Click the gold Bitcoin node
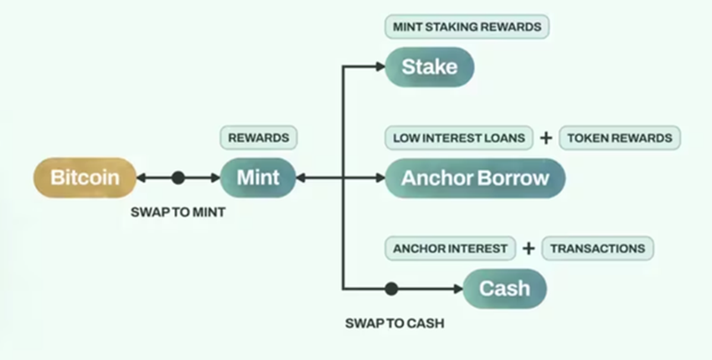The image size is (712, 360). [85, 177]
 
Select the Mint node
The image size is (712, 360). [258, 177]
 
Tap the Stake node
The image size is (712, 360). [430, 67]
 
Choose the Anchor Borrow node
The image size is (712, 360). [475, 177]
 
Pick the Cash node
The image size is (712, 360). [504, 289]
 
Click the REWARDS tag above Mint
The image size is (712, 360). [259, 136]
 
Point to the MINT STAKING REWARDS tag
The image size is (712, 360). [467, 27]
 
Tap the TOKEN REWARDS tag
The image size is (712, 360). [619, 137]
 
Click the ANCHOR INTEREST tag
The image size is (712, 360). [450, 248]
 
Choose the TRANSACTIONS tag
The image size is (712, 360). [597, 248]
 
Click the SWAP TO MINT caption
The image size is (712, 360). [178, 213]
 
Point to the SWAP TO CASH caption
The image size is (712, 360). [394, 323]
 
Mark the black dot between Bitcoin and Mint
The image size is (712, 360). [178, 177]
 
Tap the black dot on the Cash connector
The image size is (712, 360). [390, 289]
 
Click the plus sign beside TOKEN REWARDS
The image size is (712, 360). [545, 137]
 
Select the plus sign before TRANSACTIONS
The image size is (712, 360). [529, 248]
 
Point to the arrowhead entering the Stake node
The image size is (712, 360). [379, 67]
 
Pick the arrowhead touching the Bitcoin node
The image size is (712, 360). [142, 177]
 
